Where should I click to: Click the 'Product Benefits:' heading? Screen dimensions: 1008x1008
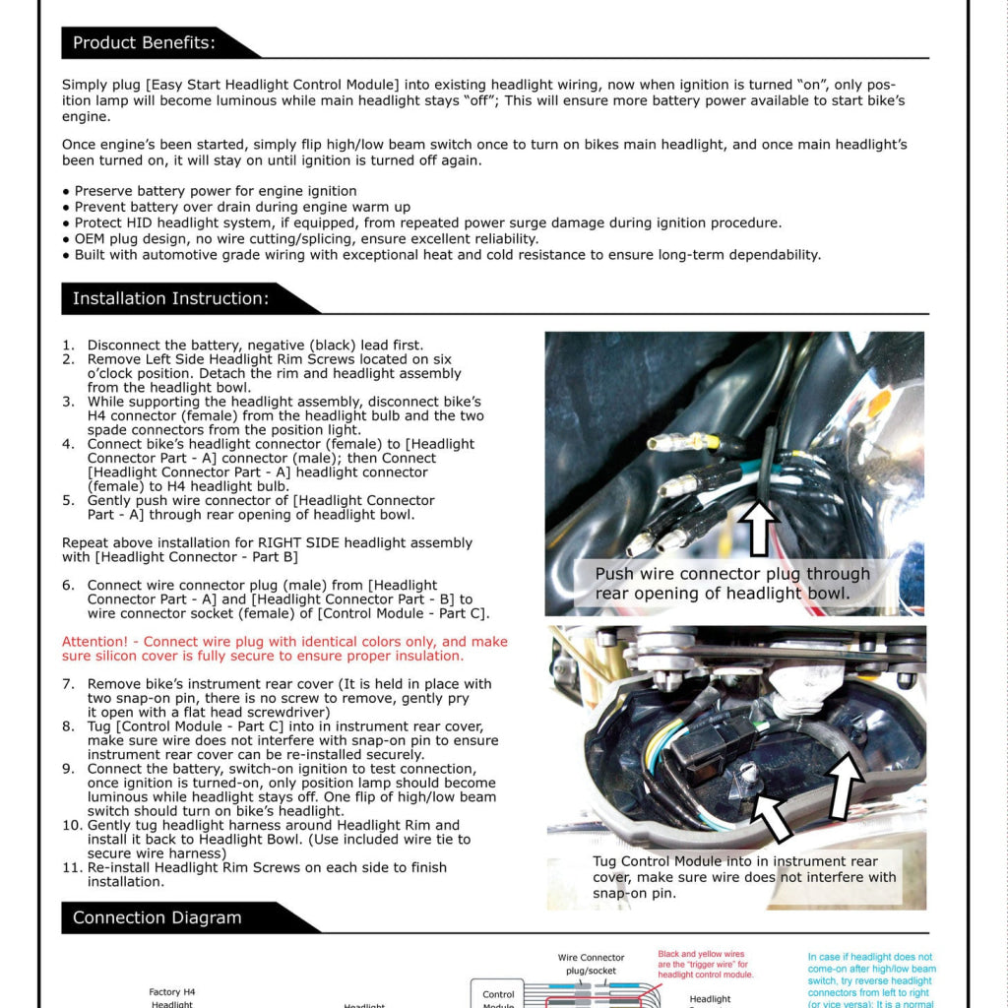click(x=144, y=42)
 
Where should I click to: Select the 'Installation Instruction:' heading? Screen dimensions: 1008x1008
click(x=170, y=298)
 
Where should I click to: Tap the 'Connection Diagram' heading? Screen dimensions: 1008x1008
click(x=157, y=917)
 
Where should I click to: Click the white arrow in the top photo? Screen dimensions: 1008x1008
click(x=758, y=526)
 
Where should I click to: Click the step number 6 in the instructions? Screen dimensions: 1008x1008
click(x=68, y=585)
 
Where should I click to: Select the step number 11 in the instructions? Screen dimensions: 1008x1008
click(x=71, y=867)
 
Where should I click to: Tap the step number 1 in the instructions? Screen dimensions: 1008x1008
click(x=68, y=346)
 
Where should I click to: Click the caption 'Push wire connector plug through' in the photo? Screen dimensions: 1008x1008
click(x=732, y=574)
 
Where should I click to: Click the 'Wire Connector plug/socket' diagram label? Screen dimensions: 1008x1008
click(x=591, y=964)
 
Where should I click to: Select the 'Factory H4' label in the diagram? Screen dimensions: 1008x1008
click(x=172, y=992)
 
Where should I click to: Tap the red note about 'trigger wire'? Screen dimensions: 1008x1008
click(x=705, y=964)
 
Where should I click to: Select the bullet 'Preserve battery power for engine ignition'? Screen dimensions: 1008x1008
click(x=216, y=191)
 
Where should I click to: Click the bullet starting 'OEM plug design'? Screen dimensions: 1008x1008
click(x=306, y=238)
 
